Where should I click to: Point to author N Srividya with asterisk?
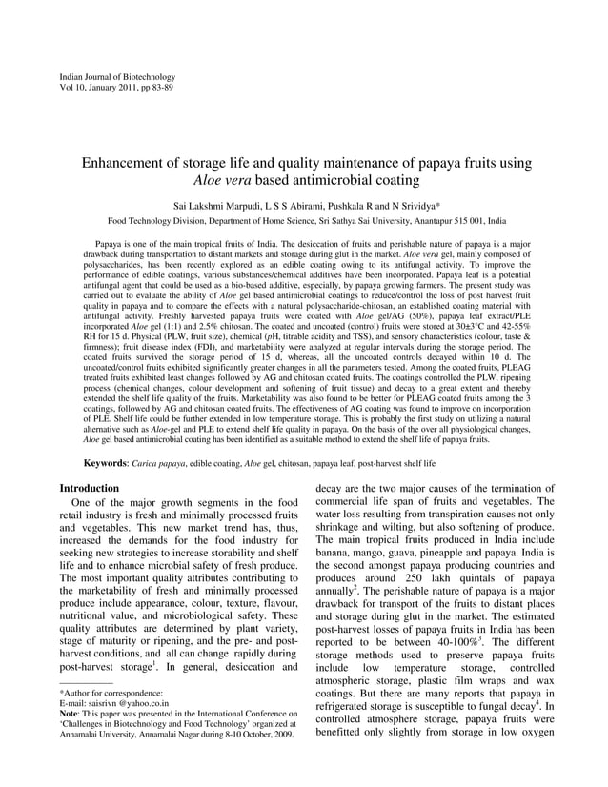point(411,204)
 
